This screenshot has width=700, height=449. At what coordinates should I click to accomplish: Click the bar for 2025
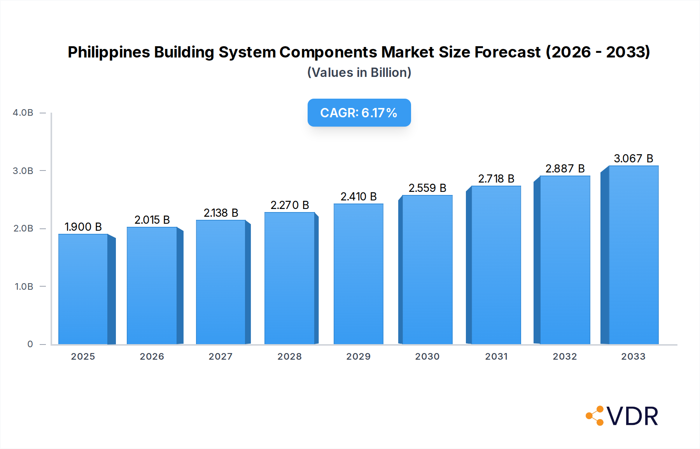pos(83,289)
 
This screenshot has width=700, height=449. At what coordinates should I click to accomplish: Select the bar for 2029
pos(358,274)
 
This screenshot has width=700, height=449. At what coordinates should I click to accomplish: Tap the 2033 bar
pos(633,255)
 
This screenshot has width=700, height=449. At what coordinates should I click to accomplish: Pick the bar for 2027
pos(220,282)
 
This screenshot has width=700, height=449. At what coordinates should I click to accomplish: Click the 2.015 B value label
pos(152,220)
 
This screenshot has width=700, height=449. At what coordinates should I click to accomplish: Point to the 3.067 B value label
pos(633,158)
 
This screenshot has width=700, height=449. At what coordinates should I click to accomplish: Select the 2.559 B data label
pos(427,188)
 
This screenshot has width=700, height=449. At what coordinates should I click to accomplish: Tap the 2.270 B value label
pos(290,205)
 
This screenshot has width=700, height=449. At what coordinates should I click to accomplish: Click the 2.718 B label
pos(496,179)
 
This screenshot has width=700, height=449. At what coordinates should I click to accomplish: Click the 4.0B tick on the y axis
pos(23,113)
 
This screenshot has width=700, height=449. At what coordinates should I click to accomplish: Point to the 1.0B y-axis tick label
pos(24,287)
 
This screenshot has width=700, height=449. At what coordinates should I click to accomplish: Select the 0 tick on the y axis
pos(30,344)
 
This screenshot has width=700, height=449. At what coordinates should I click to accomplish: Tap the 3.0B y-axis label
pos(23,171)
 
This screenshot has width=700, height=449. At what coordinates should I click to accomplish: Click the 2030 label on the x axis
pos(427,357)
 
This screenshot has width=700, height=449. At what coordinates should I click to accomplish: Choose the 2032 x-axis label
pos(565,357)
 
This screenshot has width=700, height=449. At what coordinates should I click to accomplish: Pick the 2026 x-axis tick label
pos(152,357)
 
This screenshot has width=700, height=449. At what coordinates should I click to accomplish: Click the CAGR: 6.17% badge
pos(359,113)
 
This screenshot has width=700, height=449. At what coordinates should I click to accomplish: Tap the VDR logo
pos(622,416)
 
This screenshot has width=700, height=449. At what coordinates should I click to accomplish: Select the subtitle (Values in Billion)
pos(359,73)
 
